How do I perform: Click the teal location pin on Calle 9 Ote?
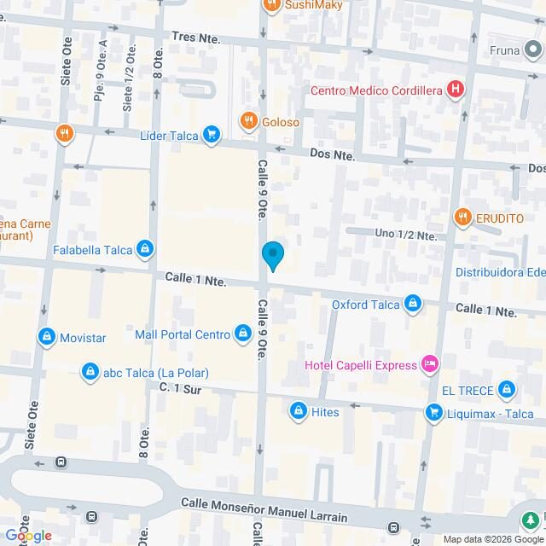pyautogui.click(x=272, y=255)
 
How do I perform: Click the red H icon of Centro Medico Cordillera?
pyautogui.click(x=456, y=89)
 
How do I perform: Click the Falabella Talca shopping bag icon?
pyautogui.click(x=146, y=250)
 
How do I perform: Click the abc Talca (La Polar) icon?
pyautogui.click(x=90, y=372)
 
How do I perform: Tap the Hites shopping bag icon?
pyautogui.click(x=298, y=412)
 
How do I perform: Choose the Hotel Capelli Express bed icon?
pyautogui.click(x=431, y=365)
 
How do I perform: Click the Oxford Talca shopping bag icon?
pyautogui.click(x=413, y=304)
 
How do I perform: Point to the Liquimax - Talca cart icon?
pyautogui.click(x=434, y=413)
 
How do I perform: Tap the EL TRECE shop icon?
pyautogui.click(x=507, y=390)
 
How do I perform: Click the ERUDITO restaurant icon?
pyautogui.click(x=462, y=218)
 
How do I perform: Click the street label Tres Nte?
pyautogui.click(x=195, y=38)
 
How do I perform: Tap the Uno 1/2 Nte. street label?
pyautogui.click(x=406, y=235)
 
